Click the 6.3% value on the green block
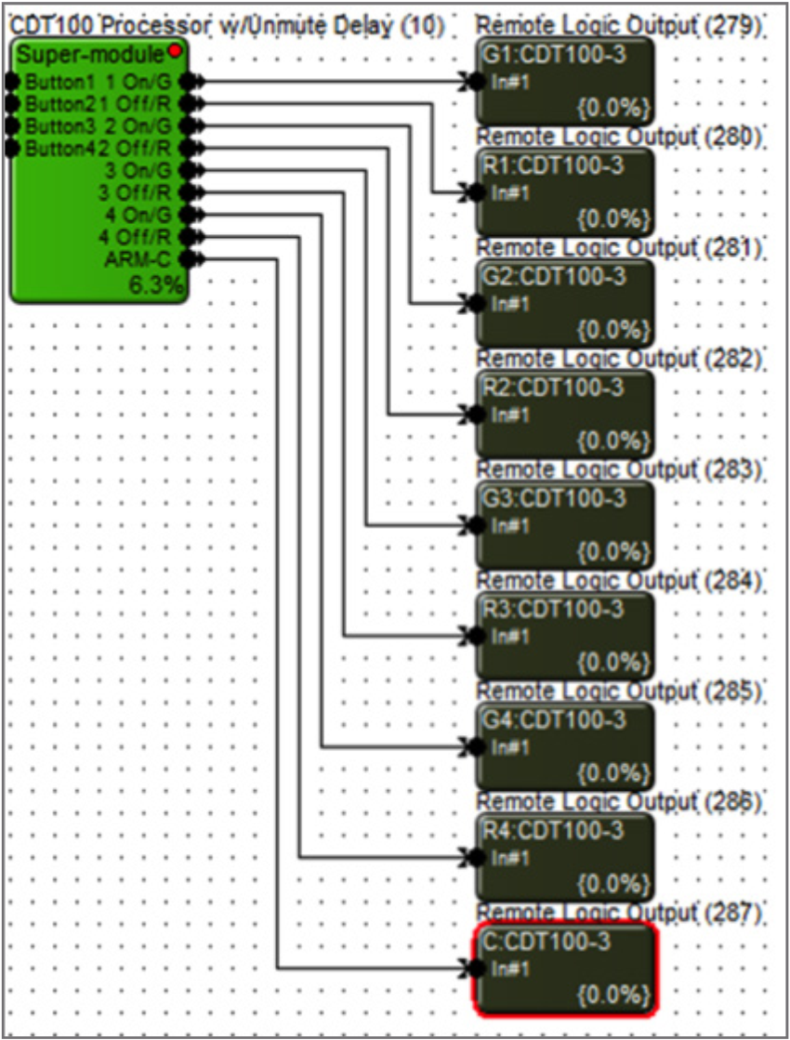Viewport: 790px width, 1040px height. coord(156,287)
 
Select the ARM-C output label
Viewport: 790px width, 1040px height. coord(145,258)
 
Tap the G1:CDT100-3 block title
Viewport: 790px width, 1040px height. coord(554,54)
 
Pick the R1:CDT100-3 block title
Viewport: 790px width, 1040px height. coord(554,165)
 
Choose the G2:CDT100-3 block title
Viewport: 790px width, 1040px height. coord(554,276)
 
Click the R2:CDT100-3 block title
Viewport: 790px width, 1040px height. coord(554,387)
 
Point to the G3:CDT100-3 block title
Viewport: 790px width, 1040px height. coord(554,497)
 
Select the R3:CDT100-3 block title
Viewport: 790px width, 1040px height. coord(554,609)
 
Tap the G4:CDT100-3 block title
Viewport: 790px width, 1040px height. coord(554,719)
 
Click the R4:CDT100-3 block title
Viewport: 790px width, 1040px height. coord(554,830)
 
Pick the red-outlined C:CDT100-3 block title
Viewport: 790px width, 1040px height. coord(547,941)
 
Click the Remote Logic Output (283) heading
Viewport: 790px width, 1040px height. coord(619,469)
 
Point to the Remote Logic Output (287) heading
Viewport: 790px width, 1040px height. coord(619,913)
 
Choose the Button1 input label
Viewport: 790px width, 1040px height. coord(50,80)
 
